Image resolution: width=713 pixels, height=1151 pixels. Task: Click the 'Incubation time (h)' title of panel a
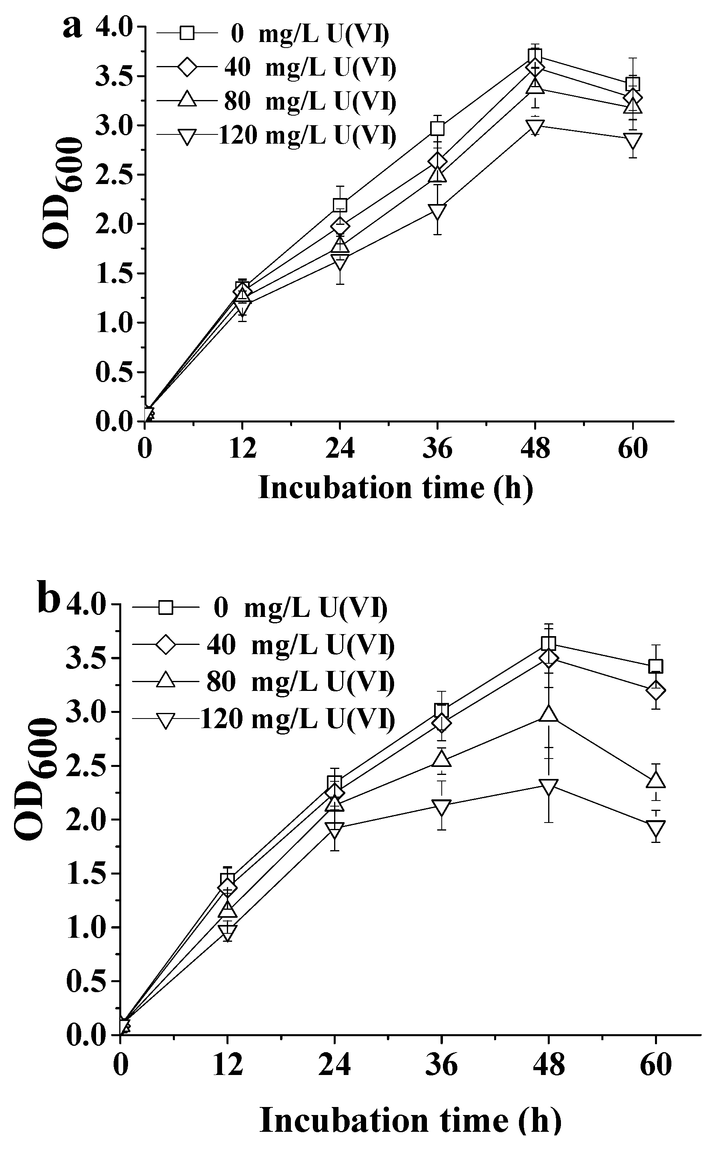395,488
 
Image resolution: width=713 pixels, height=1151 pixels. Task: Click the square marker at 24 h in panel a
340,205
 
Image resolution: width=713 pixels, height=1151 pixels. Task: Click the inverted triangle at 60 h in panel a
632,140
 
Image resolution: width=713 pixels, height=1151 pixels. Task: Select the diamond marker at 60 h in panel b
656,691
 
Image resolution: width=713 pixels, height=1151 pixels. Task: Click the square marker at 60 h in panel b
656,666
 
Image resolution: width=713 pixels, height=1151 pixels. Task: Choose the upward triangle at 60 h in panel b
656,781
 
